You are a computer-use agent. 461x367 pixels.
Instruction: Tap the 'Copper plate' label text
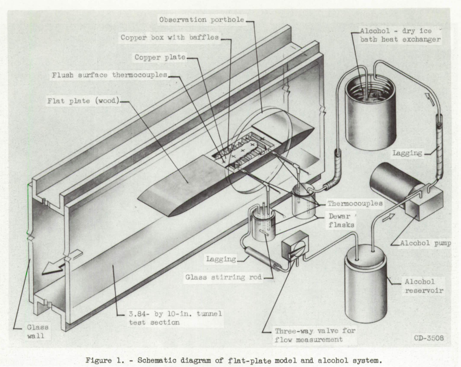(161, 57)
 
